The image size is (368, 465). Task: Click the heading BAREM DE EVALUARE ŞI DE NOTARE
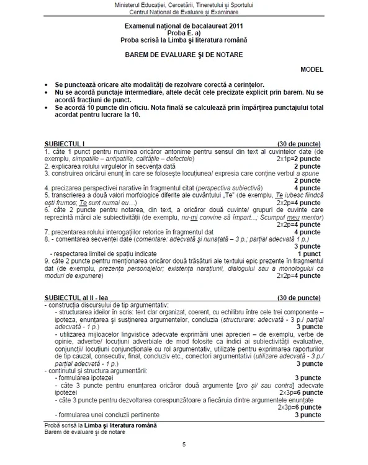pos(184,54)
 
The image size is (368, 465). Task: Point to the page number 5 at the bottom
pos(184,445)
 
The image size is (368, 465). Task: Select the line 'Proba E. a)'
pos(184,32)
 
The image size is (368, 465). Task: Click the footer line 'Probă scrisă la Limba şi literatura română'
pos(101,425)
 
